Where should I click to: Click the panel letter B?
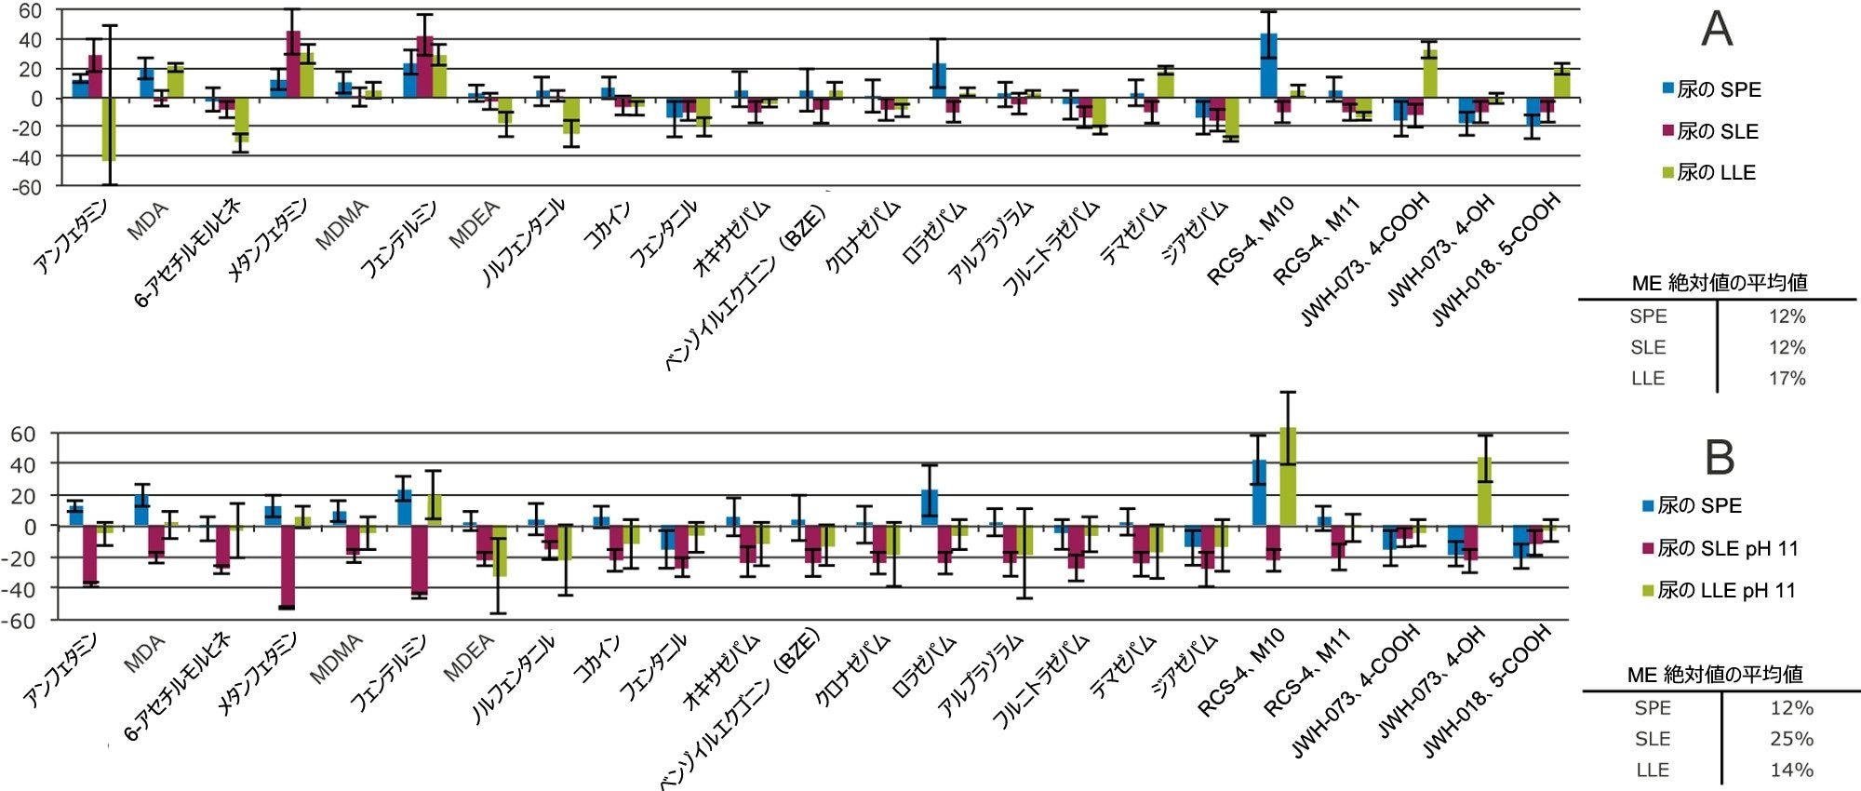tap(1720, 457)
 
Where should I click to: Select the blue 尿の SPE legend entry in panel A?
tap(1711, 89)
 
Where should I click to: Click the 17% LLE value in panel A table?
tap(1787, 379)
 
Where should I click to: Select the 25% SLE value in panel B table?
tap(1791, 739)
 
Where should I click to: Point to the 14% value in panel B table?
tap(1791, 770)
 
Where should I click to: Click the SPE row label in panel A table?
tap(1648, 316)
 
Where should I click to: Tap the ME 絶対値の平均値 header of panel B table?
tap(1715, 675)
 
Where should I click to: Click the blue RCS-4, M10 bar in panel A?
tap(1268, 65)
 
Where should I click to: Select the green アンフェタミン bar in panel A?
tap(109, 129)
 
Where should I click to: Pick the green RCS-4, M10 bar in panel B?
tap(1288, 476)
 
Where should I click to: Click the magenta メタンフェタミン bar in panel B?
tap(287, 567)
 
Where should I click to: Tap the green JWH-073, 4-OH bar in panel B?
tap(1485, 491)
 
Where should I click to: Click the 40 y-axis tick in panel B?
tap(23, 464)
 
